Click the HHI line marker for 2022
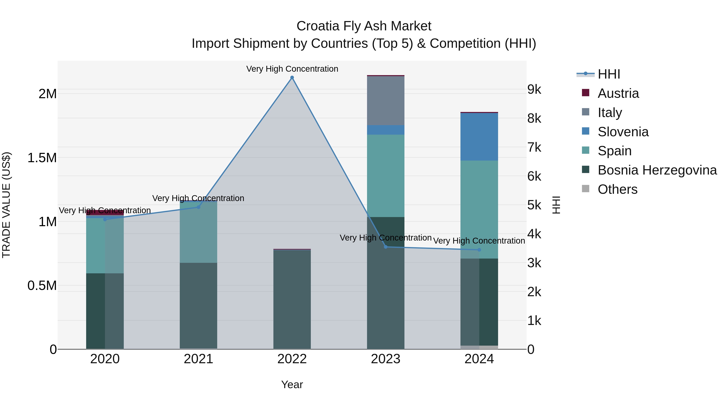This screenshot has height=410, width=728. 292,78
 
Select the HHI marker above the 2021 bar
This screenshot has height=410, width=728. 198,207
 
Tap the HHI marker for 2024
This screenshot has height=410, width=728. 479,250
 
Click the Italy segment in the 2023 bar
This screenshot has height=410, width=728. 385,100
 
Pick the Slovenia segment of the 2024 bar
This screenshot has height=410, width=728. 479,137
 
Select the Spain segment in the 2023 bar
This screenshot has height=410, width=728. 385,175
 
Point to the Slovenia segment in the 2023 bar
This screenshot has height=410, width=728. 385,130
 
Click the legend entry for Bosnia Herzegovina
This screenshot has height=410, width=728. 657,170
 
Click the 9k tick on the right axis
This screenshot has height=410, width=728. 534,89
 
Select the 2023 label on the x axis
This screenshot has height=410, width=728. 385,359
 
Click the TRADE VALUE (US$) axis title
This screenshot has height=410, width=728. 6,205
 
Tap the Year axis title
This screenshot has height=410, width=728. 292,384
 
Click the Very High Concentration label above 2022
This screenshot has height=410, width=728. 292,69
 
